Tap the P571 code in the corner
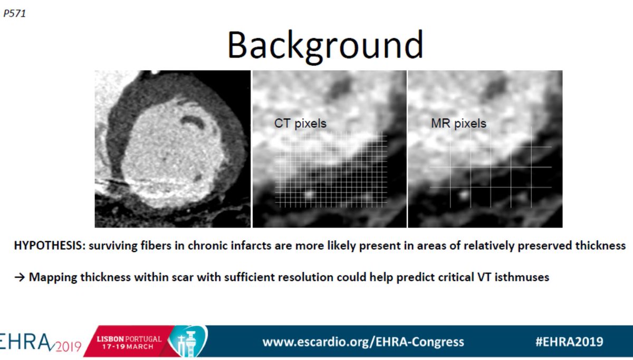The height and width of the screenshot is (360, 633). (x=14, y=14)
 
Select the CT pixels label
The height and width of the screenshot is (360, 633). (x=300, y=124)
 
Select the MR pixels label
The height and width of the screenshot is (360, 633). (x=458, y=124)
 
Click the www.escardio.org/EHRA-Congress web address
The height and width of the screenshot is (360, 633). (x=363, y=342)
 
